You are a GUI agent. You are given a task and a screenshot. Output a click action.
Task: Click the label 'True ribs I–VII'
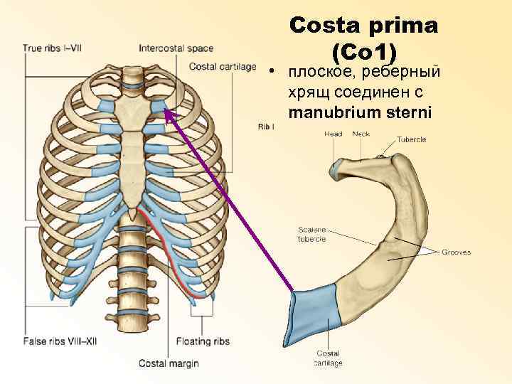[53, 48]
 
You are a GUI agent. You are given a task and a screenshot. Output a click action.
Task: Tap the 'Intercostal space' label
[176, 48]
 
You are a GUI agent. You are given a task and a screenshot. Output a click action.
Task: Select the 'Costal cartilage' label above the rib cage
[223, 67]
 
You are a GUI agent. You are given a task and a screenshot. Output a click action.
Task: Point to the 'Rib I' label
[264, 127]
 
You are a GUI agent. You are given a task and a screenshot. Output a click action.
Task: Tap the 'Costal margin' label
[169, 363]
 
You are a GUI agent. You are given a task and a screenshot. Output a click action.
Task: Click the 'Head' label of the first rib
[333, 134]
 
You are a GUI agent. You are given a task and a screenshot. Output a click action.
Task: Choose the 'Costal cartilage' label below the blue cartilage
[328, 358]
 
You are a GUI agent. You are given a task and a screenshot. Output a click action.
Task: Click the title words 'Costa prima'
[363, 26]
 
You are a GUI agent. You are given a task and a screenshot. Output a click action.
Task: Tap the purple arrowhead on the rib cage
[168, 112]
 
